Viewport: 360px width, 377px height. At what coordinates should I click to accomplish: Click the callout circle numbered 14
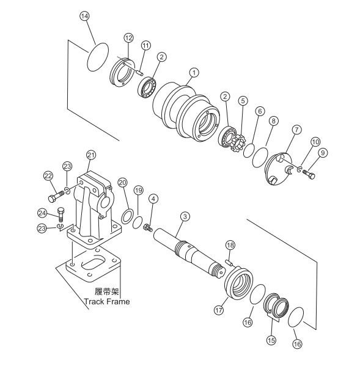(84, 16)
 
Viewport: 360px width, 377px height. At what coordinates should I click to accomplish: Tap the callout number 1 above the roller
(194, 73)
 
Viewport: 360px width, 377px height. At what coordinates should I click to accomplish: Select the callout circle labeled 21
(91, 155)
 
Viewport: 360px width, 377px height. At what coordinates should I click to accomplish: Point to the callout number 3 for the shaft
(185, 216)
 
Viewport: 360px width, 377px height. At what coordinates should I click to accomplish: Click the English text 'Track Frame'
(107, 301)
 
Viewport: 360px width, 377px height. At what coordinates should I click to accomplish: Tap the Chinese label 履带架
(107, 291)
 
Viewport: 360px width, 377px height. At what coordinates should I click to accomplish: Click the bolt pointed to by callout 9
(309, 174)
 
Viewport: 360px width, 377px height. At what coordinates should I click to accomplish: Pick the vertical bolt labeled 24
(61, 214)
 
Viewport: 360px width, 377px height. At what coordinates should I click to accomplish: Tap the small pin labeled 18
(229, 262)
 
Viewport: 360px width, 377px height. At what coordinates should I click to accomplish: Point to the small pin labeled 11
(139, 72)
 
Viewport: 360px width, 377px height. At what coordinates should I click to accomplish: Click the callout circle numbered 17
(219, 310)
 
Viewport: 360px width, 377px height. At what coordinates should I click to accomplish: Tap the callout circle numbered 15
(271, 340)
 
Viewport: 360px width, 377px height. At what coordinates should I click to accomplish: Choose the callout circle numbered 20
(122, 183)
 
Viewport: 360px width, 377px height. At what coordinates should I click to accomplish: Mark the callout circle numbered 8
(274, 121)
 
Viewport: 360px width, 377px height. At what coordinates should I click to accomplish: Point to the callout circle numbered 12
(128, 38)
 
